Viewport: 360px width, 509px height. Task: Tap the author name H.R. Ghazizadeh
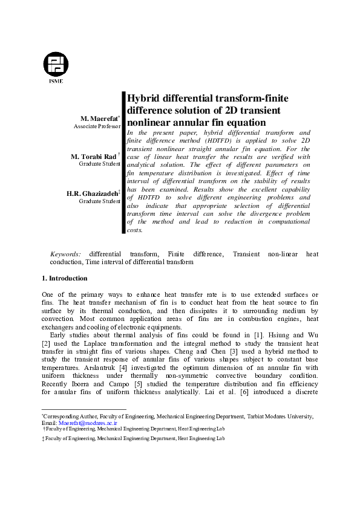[93, 193]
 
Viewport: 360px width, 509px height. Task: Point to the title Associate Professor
[97, 128]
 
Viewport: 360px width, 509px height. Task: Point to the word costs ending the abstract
[136, 230]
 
